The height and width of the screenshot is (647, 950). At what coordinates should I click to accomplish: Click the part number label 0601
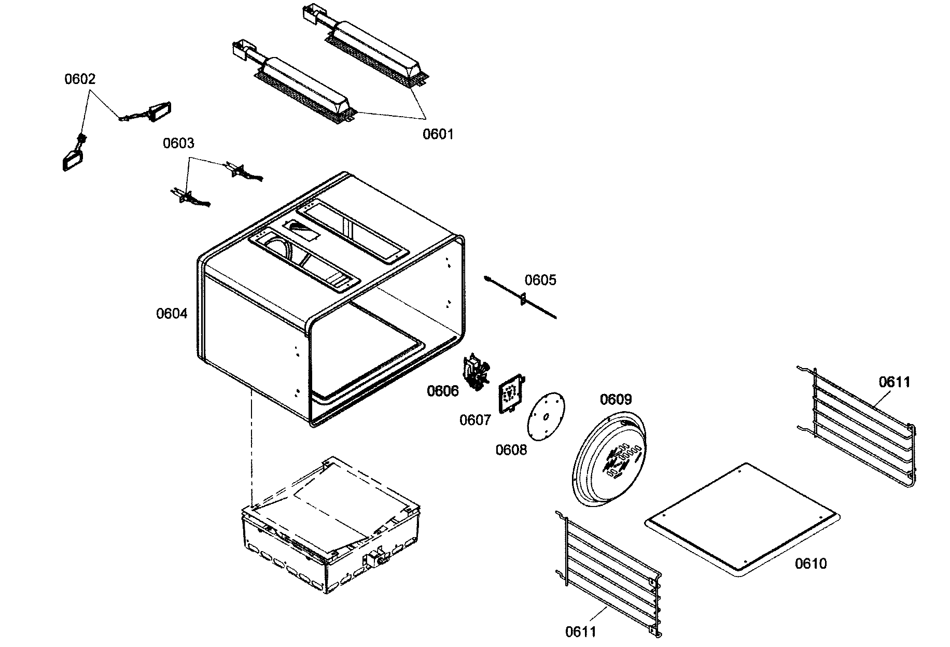click(x=438, y=134)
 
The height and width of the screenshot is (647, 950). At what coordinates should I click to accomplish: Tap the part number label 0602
click(x=80, y=79)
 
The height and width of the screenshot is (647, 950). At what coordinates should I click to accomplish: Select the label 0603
click(x=178, y=143)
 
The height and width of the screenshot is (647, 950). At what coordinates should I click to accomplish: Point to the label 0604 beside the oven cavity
click(x=172, y=314)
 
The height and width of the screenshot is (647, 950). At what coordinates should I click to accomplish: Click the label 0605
click(x=540, y=280)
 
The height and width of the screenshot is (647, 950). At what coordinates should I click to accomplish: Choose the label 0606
click(x=443, y=391)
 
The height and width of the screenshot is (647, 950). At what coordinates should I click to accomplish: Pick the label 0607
click(x=475, y=420)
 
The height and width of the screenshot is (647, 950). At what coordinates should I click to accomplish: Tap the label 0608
click(x=511, y=449)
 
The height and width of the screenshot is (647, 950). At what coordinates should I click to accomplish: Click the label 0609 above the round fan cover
click(x=616, y=400)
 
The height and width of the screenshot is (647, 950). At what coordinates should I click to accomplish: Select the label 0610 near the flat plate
click(x=811, y=564)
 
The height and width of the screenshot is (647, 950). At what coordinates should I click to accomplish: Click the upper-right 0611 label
click(x=895, y=383)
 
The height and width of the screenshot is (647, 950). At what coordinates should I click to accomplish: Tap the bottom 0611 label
click(x=581, y=632)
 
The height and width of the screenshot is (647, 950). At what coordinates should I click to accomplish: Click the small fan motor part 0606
click(x=476, y=372)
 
